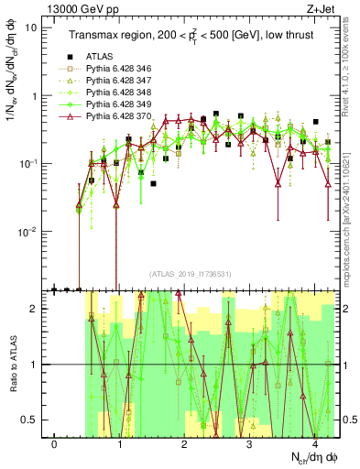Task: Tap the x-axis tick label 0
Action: point(55,444)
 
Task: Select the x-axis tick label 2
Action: point(185,444)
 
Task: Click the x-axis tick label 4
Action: point(315,444)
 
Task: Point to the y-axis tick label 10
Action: point(30,27)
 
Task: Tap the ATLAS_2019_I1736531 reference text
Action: point(191,274)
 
